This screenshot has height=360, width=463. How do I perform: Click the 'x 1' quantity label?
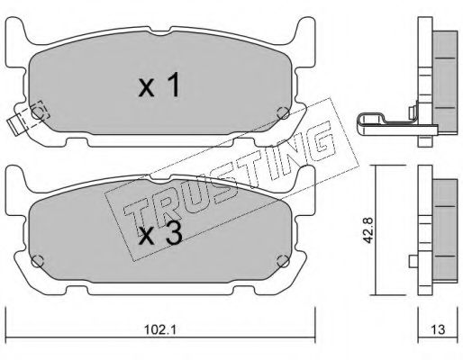click(x=159, y=85)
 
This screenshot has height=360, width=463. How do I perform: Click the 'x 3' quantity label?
click(x=160, y=235)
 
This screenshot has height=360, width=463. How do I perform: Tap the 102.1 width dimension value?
click(x=160, y=330)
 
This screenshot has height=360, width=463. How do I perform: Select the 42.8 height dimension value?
click(x=368, y=230)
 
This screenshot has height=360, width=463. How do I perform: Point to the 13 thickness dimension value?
click(x=439, y=329)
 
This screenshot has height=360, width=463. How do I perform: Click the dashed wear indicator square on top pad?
click(x=40, y=110)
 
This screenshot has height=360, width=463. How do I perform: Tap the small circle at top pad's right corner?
click(x=283, y=113)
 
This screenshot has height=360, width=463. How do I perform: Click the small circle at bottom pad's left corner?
click(x=38, y=262)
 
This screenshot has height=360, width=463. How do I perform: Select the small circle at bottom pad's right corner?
click(x=283, y=261)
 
